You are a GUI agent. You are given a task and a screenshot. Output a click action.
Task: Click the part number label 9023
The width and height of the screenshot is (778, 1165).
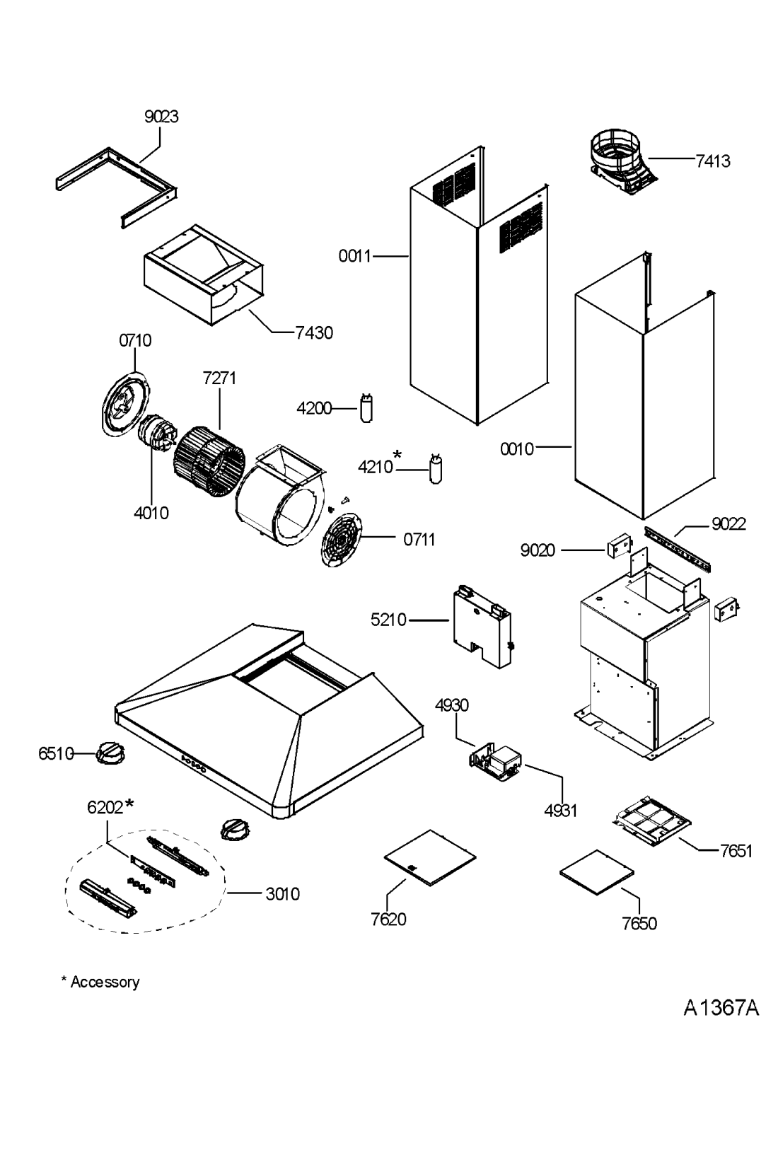(x=161, y=117)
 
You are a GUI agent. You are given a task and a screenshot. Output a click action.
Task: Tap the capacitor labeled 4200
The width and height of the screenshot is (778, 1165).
(x=366, y=408)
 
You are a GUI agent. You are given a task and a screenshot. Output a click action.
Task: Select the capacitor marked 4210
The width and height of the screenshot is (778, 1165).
(x=436, y=469)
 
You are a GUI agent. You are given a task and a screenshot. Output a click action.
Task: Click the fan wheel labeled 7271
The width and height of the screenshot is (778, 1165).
(x=209, y=460)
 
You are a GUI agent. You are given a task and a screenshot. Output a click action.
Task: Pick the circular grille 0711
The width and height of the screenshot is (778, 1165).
(x=341, y=540)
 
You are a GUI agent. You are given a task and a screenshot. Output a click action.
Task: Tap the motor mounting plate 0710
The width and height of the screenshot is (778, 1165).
(x=126, y=404)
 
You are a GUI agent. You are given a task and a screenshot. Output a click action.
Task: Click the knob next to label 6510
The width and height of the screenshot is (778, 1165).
(x=110, y=753)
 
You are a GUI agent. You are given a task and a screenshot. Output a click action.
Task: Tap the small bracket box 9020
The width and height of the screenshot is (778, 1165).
(x=618, y=547)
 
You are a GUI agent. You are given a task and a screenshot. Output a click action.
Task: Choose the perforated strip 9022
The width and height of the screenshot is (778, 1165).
(x=677, y=548)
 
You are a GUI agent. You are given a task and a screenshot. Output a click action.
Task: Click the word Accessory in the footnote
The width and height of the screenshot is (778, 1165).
(x=105, y=983)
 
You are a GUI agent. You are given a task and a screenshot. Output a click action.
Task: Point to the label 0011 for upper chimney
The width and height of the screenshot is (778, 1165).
(x=354, y=256)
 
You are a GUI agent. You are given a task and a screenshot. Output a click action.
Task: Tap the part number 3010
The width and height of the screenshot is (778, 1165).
(x=282, y=894)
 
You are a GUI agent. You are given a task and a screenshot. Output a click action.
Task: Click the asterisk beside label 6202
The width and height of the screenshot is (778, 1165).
(x=129, y=804)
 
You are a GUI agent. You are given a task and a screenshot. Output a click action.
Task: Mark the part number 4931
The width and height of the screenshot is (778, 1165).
(x=561, y=811)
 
